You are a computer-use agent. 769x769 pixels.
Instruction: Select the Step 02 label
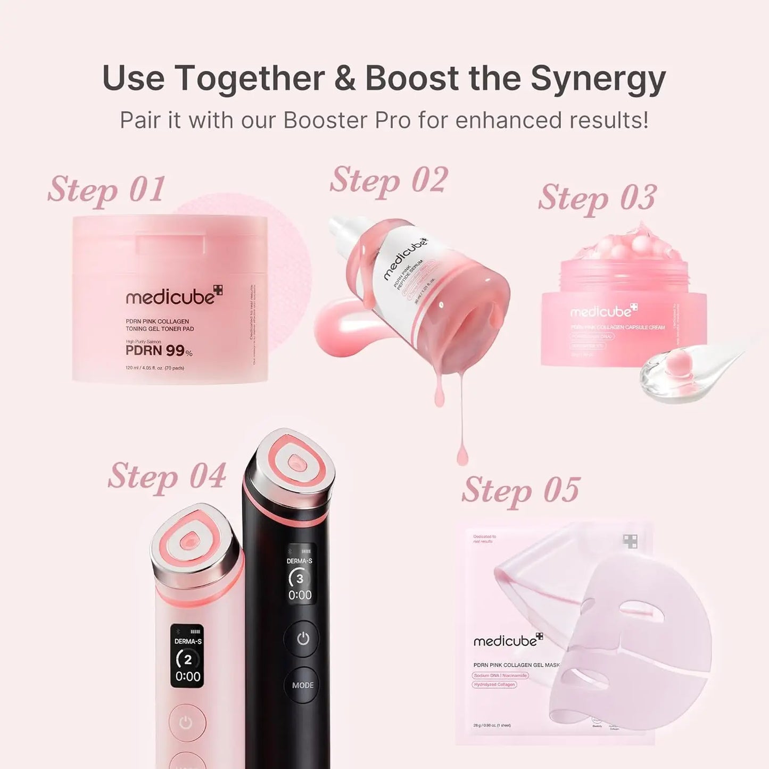(388, 180)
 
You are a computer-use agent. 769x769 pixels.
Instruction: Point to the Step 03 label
(597, 198)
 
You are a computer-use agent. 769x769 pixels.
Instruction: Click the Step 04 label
(167, 476)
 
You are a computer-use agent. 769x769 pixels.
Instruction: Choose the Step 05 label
(520, 490)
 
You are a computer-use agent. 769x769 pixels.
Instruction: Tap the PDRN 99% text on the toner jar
(159, 351)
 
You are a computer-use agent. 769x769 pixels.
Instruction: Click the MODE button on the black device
(303, 685)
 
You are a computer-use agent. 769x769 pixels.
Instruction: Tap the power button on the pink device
(186, 723)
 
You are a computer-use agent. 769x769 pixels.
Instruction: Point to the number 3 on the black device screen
(300, 578)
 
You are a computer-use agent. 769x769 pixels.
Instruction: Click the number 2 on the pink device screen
(187, 660)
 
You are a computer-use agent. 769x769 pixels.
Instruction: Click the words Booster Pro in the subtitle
(347, 120)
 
